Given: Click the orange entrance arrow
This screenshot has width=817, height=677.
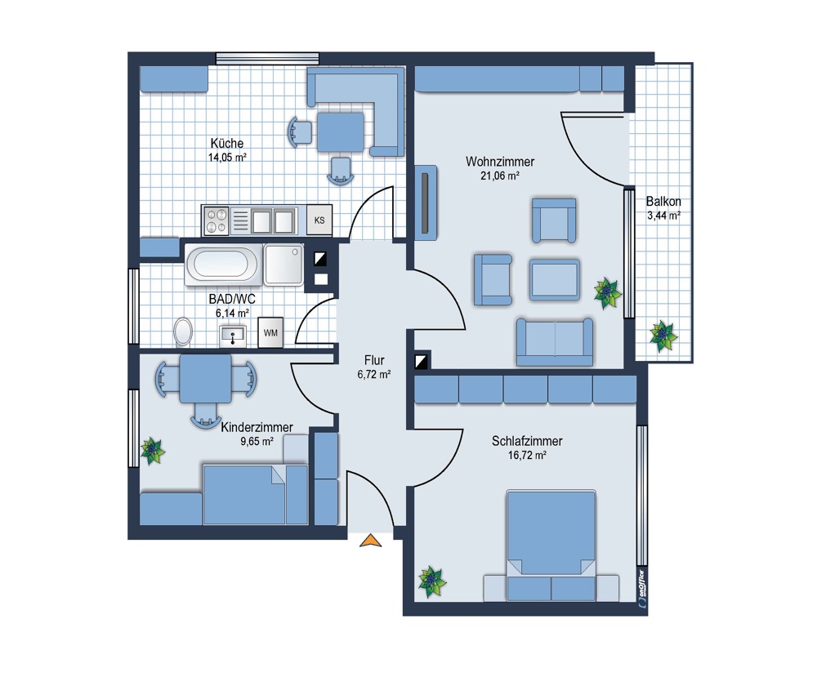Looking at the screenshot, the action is click(x=370, y=541).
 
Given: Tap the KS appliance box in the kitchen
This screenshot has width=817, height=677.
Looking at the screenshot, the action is click(x=319, y=220).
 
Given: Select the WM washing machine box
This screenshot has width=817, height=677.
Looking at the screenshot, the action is click(x=270, y=332).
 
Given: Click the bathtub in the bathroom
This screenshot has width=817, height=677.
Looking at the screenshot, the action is click(x=222, y=265).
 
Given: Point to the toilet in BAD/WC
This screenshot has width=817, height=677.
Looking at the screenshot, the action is click(x=183, y=332).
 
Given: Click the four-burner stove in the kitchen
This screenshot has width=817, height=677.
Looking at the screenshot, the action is click(x=217, y=220).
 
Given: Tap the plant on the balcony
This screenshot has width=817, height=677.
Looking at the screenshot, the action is click(x=663, y=336).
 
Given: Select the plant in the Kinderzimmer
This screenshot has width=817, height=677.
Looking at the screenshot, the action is click(x=152, y=451).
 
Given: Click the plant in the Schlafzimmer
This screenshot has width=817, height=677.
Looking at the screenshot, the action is click(x=432, y=581).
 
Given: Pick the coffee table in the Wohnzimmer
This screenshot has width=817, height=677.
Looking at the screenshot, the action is click(x=555, y=279).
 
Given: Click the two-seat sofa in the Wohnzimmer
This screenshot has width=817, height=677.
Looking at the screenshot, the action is click(x=555, y=341).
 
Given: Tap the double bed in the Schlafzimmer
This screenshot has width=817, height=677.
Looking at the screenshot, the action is click(x=551, y=546).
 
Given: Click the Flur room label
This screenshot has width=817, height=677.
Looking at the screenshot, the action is click(x=374, y=360).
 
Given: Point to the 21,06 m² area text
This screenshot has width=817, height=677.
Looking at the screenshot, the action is click(x=500, y=176).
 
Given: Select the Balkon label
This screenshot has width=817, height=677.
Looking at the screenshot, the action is click(x=663, y=201).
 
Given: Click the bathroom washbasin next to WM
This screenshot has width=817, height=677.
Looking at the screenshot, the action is click(x=232, y=336).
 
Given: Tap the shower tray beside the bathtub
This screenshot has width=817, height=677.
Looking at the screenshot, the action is click(x=283, y=265).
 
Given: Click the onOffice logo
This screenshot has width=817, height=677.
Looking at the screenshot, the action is click(x=641, y=589).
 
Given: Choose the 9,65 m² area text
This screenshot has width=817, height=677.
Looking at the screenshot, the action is click(x=257, y=442).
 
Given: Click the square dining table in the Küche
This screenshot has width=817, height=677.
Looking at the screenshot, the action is click(x=341, y=133).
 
